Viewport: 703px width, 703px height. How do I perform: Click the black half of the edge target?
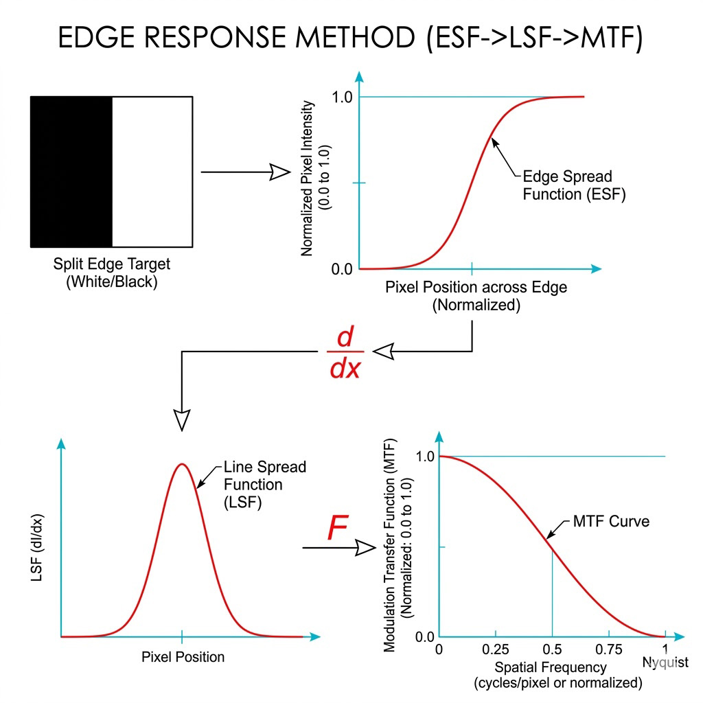point(71,172)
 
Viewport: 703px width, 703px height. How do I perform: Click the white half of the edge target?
point(152,172)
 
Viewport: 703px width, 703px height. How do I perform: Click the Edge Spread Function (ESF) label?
point(567,185)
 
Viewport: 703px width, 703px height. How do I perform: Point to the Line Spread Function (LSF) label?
point(264,484)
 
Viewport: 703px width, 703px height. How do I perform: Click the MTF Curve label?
point(611,522)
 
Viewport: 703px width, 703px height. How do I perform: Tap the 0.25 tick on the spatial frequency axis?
point(496,650)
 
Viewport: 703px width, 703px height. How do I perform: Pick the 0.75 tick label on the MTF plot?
point(608,650)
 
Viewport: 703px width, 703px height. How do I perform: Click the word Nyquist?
point(665,662)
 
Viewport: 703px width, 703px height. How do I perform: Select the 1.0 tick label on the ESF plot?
point(342,97)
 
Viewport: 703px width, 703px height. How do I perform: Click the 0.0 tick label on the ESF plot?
point(342,268)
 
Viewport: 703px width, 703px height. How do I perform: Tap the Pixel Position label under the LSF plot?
point(183,657)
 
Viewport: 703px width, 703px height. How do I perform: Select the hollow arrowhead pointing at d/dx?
point(382,351)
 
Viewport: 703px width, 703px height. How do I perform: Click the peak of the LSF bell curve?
point(182,464)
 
